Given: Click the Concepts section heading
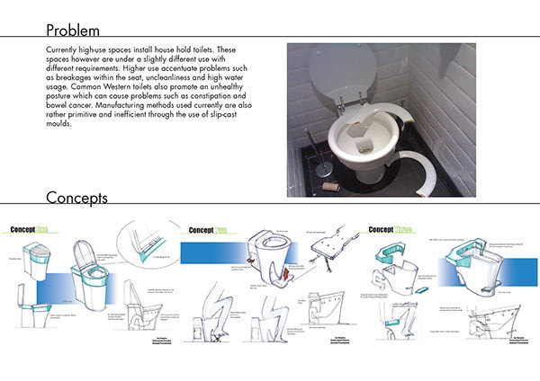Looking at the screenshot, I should coord(77,197).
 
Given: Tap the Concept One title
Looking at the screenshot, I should coord(36,230).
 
